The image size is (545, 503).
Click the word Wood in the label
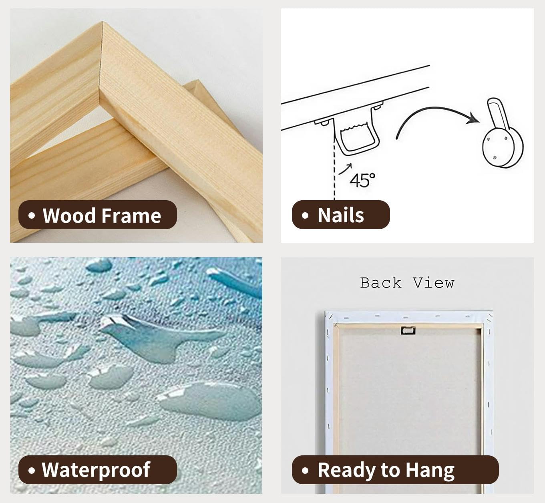(69, 215)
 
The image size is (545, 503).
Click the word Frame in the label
(131, 215)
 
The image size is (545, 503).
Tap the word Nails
(341, 215)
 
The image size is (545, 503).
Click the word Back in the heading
(381, 283)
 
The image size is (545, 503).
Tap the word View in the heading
(434, 283)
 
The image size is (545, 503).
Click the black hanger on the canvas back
(408, 330)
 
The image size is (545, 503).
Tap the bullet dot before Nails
(305, 215)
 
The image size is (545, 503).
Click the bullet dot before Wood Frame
(32, 215)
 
